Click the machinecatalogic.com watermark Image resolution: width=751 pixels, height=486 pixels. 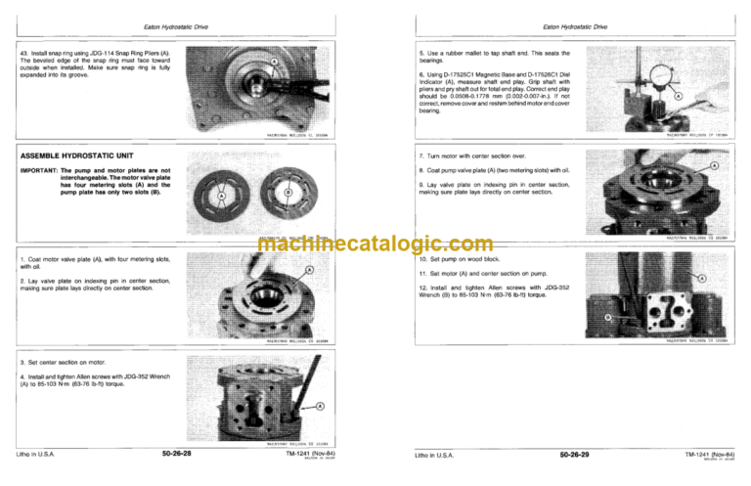[376, 245]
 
